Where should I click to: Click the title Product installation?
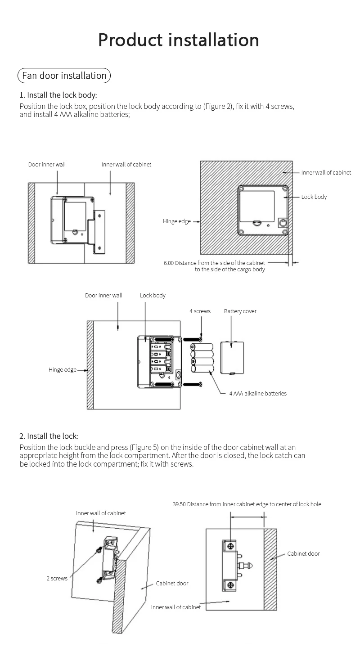click(x=179, y=40)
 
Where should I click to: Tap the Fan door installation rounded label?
click(x=64, y=76)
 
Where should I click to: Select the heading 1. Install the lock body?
click(x=58, y=95)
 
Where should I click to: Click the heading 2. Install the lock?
click(x=49, y=436)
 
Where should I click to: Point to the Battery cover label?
click(x=240, y=311)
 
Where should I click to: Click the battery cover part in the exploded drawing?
click(x=232, y=358)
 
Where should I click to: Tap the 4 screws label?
click(x=200, y=311)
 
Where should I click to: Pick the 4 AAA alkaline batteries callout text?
click(x=257, y=393)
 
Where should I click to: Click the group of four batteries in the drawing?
click(x=202, y=358)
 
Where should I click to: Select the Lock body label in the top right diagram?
click(x=314, y=197)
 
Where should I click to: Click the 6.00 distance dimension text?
click(x=215, y=266)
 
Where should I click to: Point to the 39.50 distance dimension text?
click(x=247, y=504)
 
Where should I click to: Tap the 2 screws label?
click(x=57, y=579)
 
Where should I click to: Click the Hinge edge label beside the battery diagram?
click(x=63, y=370)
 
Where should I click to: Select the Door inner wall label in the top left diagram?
click(x=47, y=165)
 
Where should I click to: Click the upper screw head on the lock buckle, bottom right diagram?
click(x=230, y=546)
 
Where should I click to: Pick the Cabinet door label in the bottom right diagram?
click(x=303, y=554)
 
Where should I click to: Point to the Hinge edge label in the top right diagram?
click(x=177, y=221)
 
